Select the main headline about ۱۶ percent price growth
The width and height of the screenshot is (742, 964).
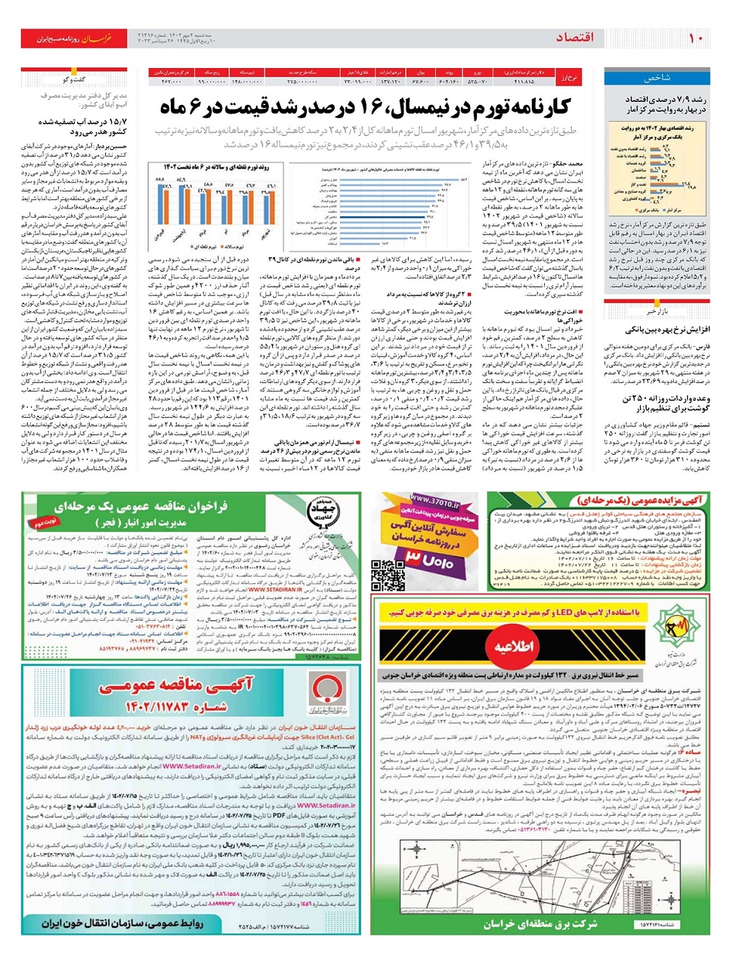[365, 107]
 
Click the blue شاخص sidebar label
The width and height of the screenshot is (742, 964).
[656, 78]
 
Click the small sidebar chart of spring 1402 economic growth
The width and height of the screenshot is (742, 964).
[657, 168]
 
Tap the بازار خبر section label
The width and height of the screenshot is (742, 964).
[658, 311]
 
